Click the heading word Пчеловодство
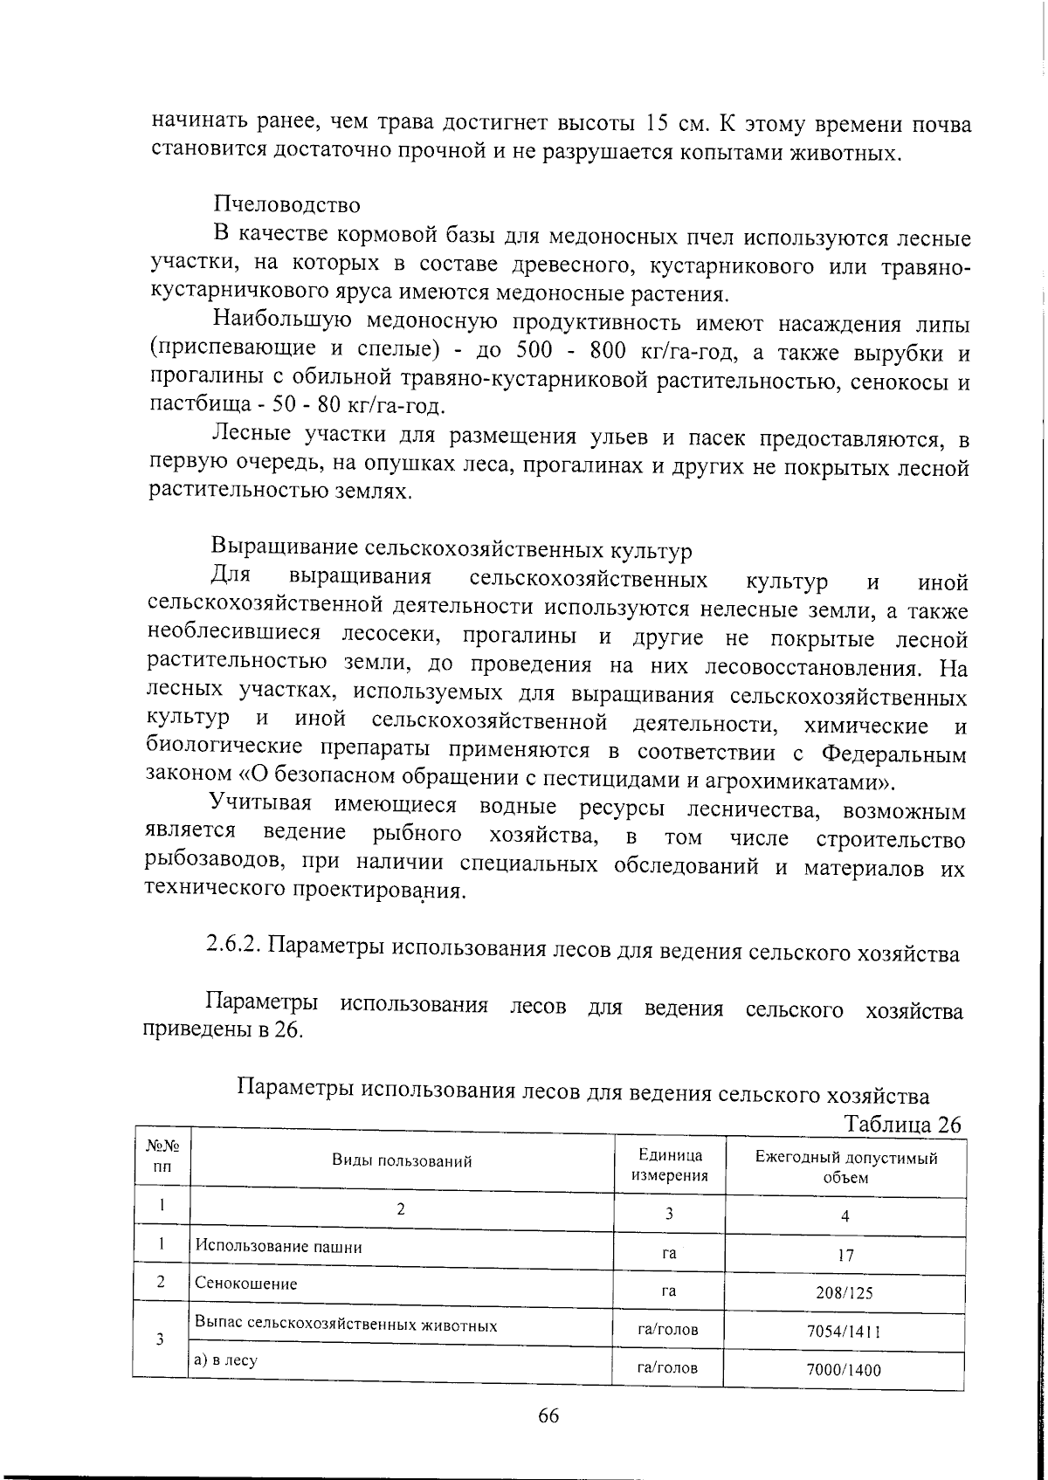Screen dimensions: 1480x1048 286,205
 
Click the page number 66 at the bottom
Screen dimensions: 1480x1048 548,1416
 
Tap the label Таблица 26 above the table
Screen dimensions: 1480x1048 901,1124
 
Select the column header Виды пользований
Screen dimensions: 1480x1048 402,1161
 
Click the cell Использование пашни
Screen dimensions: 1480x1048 279,1246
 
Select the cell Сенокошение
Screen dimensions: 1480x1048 246,1284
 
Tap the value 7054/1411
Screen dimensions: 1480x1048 844,1332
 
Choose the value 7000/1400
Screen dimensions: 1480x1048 844,1370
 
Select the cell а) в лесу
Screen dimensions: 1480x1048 226,1360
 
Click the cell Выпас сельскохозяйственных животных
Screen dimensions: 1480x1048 346,1325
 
